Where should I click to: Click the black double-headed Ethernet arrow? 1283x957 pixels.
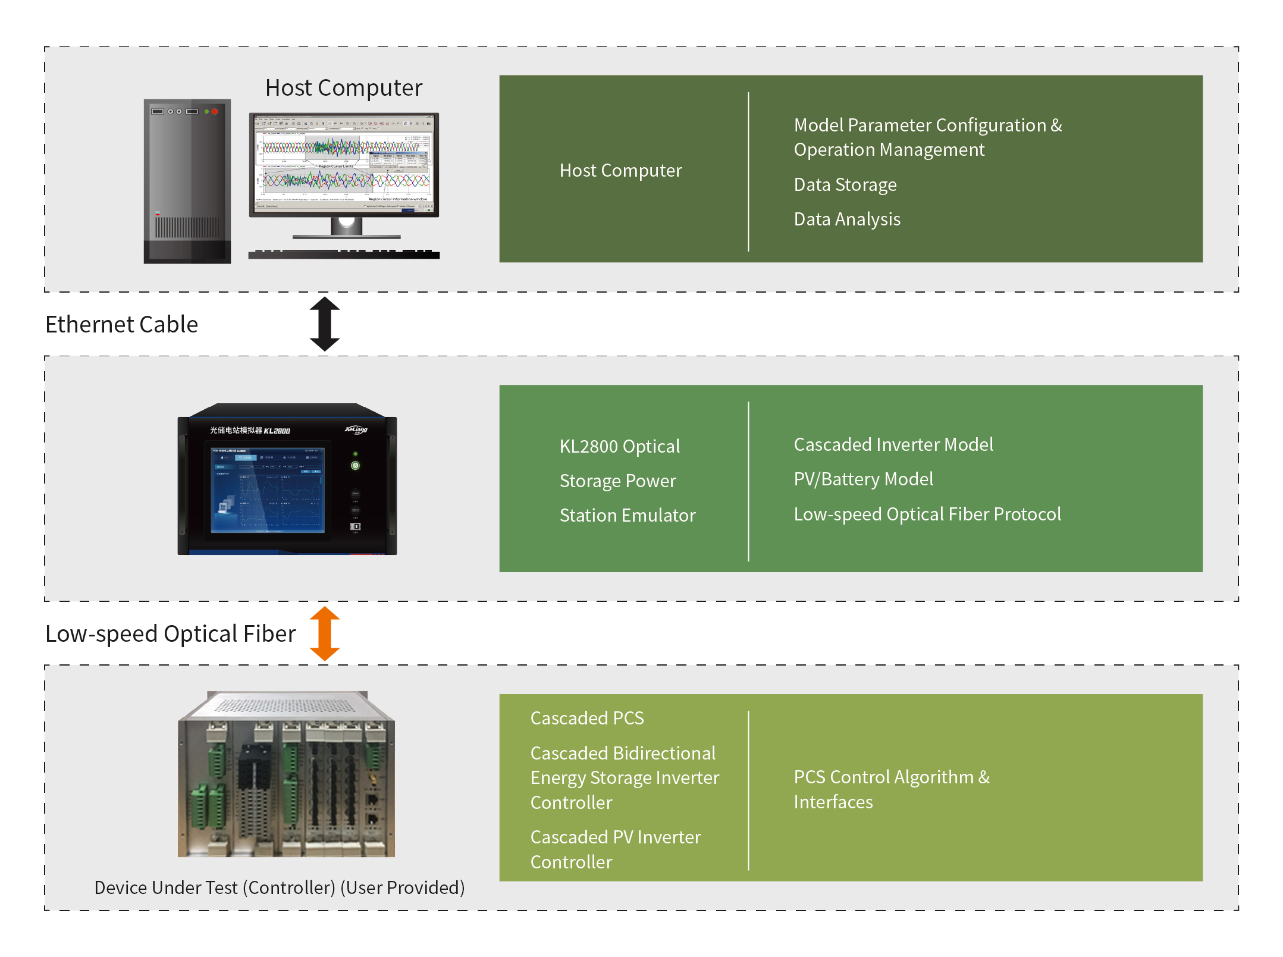[x=325, y=324]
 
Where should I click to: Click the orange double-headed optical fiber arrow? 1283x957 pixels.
[x=325, y=633]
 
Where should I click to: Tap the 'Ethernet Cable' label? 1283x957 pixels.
[x=121, y=325]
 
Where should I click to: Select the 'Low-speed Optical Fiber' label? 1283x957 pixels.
[x=170, y=634]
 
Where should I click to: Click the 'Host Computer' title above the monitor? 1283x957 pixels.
[x=343, y=88]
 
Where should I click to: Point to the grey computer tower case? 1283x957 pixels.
[x=187, y=181]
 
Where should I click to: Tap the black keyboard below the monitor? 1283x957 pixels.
[x=343, y=255]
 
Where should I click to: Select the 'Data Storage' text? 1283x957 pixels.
[x=845, y=185]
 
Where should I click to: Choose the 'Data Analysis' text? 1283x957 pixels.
[x=846, y=219]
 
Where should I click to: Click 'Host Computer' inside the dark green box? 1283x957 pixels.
[x=620, y=171]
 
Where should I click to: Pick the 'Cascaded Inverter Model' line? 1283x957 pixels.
[x=893, y=445]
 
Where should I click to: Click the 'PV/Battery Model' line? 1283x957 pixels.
[x=863, y=479]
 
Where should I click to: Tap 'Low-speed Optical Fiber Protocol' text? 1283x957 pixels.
[x=927, y=514]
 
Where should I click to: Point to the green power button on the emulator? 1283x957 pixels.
[x=355, y=466]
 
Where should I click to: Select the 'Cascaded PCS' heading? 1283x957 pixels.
[x=586, y=718]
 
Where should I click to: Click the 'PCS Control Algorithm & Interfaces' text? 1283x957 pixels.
[x=891, y=789]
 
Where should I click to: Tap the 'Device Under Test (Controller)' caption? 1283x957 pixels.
[x=279, y=887]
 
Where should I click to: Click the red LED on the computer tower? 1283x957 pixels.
[x=215, y=111]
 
